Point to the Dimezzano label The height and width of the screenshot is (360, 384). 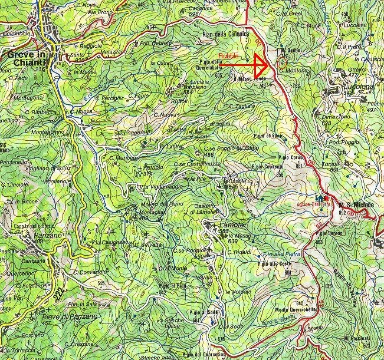point(336,117)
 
